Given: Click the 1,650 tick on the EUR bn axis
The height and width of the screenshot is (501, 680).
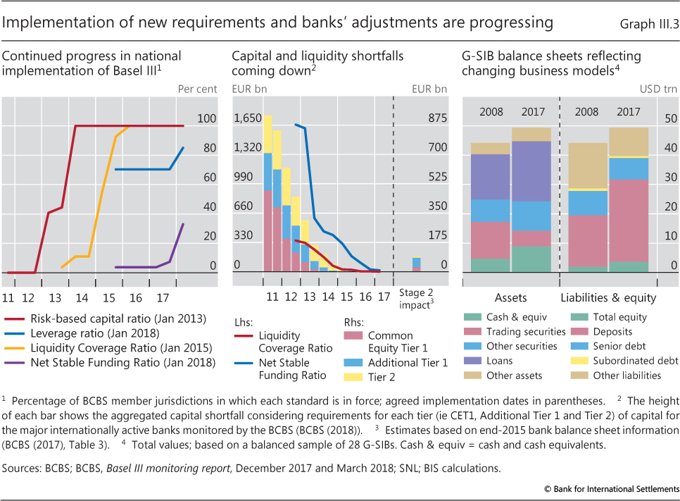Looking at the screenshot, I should click(x=246, y=118).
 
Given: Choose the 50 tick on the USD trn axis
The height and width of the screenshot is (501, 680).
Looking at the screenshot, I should click(x=672, y=118).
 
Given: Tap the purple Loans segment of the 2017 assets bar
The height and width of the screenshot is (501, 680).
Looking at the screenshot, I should click(x=531, y=171).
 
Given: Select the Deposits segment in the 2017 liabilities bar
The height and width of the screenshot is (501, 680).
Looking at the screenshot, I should click(x=629, y=221).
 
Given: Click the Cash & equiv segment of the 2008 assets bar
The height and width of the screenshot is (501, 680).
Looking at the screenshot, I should click(x=490, y=265).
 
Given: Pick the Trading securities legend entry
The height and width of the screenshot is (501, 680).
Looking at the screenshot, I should click(x=524, y=331).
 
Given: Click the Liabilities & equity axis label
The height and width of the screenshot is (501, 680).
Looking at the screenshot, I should click(x=608, y=298).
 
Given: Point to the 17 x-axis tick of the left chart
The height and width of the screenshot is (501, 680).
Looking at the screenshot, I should click(x=160, y=279).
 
